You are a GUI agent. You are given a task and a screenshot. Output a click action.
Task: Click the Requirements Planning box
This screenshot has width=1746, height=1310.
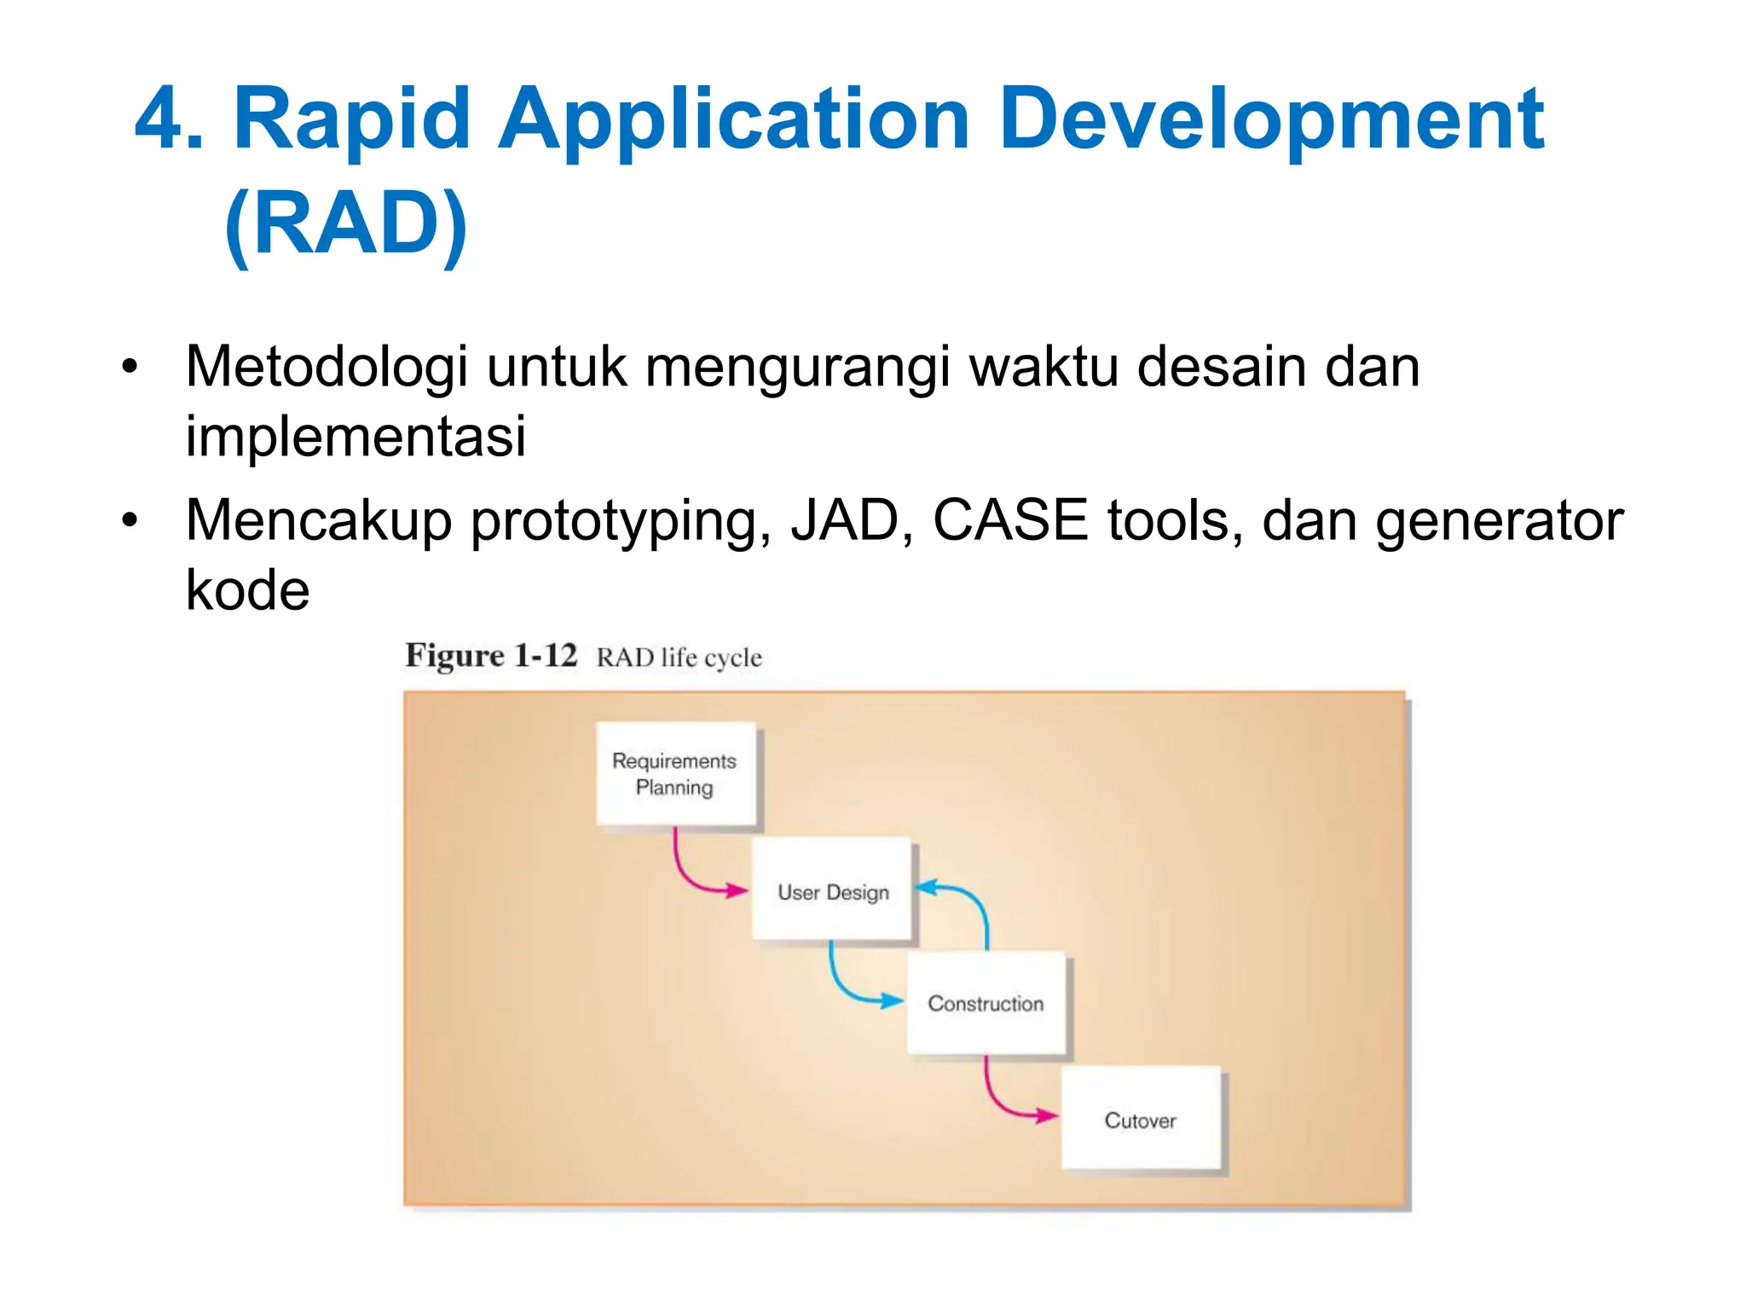pyautogui.click(x=675, y=774)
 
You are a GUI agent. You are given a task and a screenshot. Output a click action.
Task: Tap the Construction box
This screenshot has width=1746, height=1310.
pyautogui.click(x=986, y=1003)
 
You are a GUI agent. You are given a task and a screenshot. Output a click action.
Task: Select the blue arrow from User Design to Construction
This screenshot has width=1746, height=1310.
pyautogui.click(x=844, y=989)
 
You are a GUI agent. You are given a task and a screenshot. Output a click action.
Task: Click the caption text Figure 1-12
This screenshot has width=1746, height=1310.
pyautogui.click(x=491, y=656)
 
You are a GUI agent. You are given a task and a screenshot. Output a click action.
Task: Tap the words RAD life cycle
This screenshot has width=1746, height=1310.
pyautogui.click(x=679, y=658)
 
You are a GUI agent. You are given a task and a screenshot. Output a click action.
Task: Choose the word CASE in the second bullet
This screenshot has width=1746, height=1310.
pyautogui.click(x=1009, y=520)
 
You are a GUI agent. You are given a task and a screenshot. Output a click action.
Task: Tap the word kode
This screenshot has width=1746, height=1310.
pyautogui.click(x=247, y=590)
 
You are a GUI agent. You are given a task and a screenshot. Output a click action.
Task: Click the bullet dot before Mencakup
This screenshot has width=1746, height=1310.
pyautogui.click(x=129, y=520)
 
